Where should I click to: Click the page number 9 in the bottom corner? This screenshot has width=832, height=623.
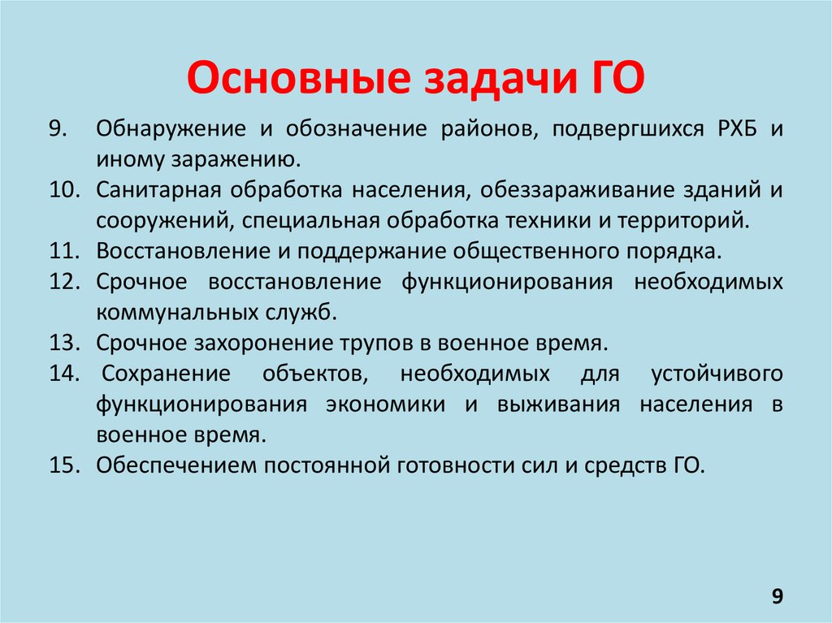tap(778, 597)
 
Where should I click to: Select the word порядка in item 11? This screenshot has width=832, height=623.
tap(681, 250)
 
